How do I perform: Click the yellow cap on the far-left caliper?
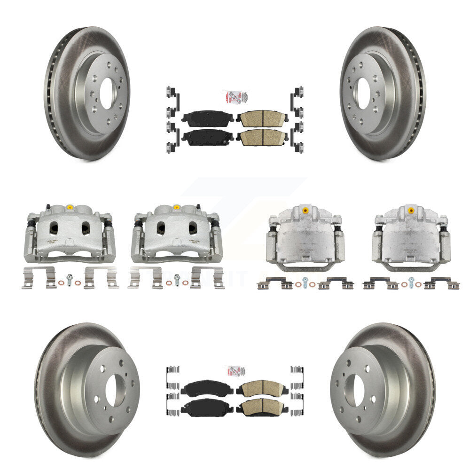point(70,207)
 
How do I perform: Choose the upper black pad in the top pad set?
point(207,119)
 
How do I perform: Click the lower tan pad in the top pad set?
point(262,137)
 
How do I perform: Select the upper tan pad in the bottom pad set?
point(262,388)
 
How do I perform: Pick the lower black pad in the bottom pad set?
point(207,407)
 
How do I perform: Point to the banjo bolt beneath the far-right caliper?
point(411,282)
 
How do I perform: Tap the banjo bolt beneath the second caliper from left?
point(177,278)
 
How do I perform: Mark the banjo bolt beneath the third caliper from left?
point(305,282)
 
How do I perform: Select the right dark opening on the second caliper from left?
point(192,228)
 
